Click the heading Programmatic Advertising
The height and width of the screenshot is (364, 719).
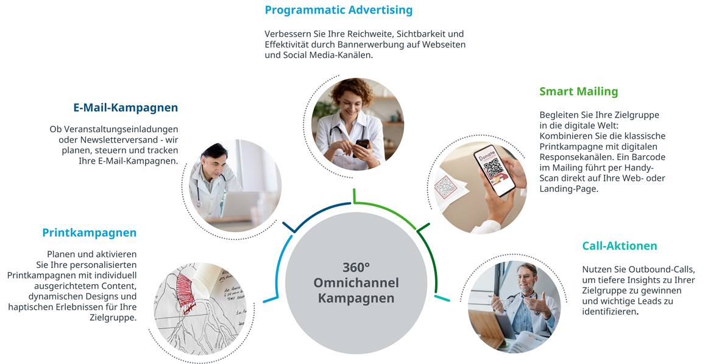tap(338, 10)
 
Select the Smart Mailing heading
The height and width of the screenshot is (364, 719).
tap(579, 91)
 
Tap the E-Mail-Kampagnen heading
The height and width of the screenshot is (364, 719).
tap(126, 108)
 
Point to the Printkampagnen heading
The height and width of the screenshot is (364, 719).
tap(90, 233)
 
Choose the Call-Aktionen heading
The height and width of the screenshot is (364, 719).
tap(620, 246)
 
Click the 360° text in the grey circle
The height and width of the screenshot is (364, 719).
tap(356, 267)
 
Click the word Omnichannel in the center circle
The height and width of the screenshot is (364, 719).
tap(356, 282)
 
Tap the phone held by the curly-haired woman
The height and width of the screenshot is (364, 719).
tap(362, 145)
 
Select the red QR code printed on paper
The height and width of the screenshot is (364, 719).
tap(445, 186)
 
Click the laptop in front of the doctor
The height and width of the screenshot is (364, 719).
tap(240, 204)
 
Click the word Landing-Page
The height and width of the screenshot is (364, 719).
tap(568, 189)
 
